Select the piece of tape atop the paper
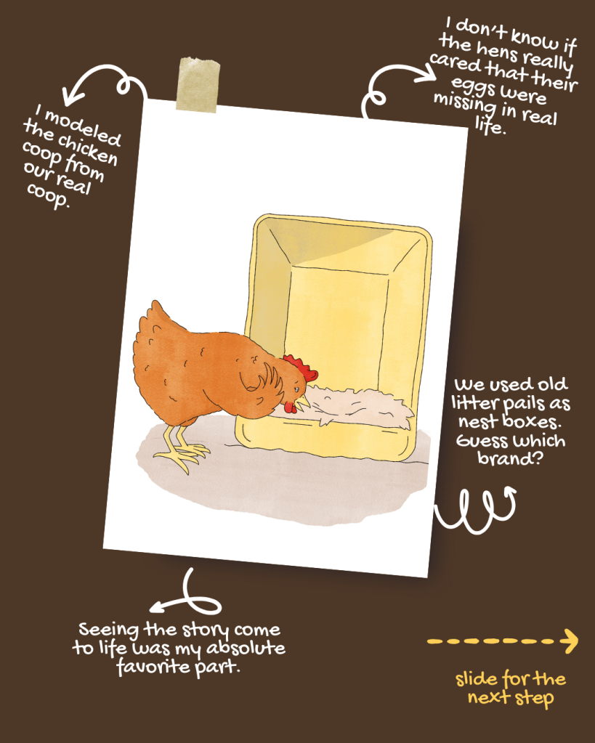[198, 85]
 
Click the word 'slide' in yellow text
[477, 680]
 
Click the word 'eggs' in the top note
[473, 86]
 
